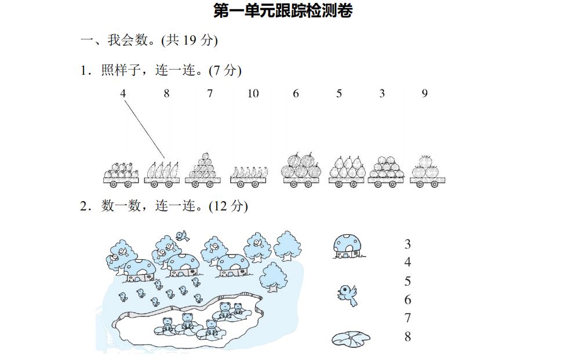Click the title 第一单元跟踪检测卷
tap(282, 10)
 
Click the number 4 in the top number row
tap(123, 93)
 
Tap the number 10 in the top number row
tap(253, 93)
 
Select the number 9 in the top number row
tap(424, 93)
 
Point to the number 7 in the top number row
tap(210, 93)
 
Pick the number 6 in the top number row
tap(296, 93)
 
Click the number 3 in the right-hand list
tap(408, 244)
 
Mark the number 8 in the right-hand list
tap(408, 337)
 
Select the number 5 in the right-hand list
tap(408, 281)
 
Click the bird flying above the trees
tap(183, 235)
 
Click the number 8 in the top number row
tap(166, 93)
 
